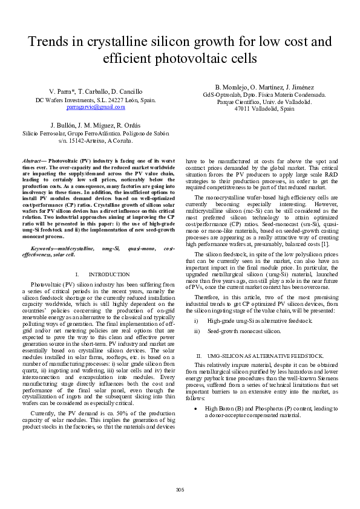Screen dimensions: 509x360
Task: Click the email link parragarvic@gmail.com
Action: click(x=96, y=107)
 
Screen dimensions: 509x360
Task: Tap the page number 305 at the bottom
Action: click(x=180, y=488)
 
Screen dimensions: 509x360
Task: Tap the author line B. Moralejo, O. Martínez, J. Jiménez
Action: click(x=264, y=87)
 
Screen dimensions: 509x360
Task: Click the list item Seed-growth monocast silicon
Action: click(x=244, y=331)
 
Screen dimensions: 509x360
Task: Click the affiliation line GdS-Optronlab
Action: click(x=264, y=95)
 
